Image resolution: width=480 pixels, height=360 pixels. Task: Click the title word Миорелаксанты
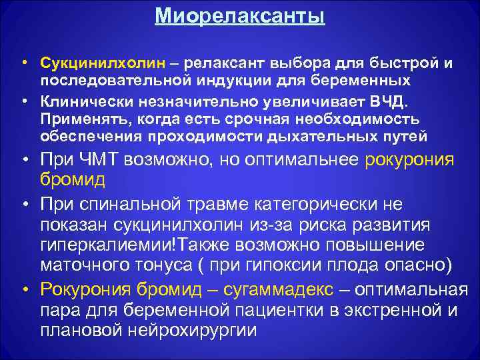[240, 15]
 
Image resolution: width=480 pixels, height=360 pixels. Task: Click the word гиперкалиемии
[106, 244]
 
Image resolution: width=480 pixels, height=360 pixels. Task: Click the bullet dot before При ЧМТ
[25, 161]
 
